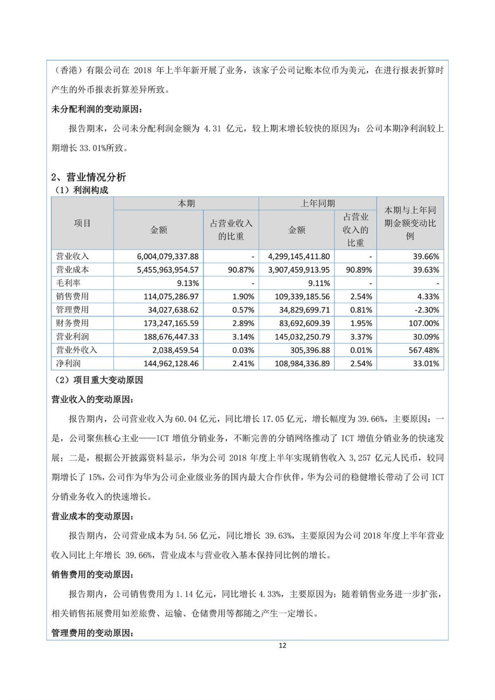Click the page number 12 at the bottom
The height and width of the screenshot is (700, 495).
coord(282,646)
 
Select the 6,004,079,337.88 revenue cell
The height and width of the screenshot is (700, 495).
coord(167,257)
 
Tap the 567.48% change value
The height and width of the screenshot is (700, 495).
coord(426,350)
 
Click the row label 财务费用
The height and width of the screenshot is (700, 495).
coord(73,323)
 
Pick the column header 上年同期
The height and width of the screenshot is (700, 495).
coord(317,203)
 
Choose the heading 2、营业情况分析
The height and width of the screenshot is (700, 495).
coord(88,177)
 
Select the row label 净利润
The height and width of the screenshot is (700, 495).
coord(68,363)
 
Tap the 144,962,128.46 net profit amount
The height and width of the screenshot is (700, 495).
coord(171,363)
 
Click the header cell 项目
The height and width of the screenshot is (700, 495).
coord(82,223)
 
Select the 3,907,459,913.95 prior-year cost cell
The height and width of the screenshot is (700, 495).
coord(299,270)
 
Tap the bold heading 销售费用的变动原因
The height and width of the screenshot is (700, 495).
coord(92,575)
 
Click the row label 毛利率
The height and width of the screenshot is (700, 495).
coord(68,283)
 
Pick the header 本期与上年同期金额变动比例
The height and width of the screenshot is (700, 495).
coord(410,223)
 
